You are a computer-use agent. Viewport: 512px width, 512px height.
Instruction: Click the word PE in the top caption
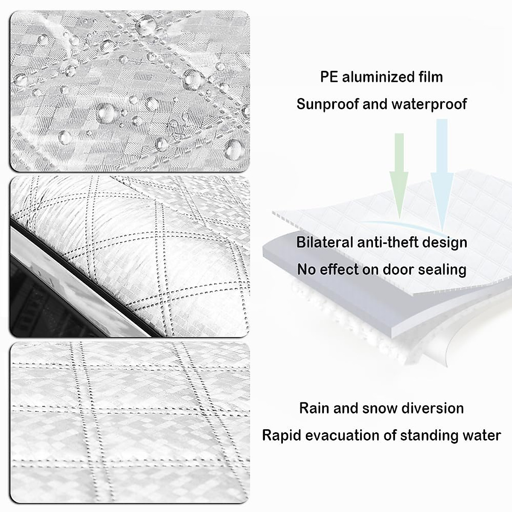329,77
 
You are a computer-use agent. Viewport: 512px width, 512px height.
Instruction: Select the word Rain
314,408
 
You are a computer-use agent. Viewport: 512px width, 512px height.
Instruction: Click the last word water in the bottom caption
480,435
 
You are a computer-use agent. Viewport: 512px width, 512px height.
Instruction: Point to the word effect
338,270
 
